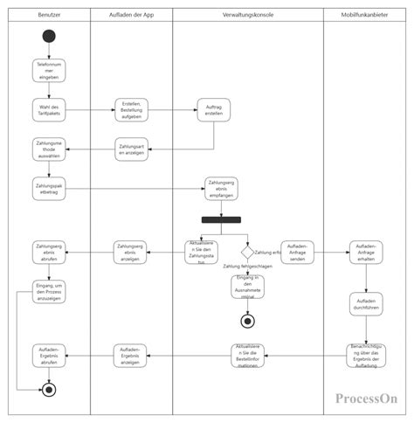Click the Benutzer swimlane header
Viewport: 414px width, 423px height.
(49, 17)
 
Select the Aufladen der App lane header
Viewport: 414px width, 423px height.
(131, 17)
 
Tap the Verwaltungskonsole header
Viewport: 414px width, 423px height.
(247, 17)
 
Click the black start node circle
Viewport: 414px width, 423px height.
(49, 37)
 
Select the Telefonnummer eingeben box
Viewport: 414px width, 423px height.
(49, 70)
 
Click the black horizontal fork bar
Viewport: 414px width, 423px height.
(222, 220)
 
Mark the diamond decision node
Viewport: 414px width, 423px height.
(247, 252)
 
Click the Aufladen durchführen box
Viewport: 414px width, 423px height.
(364, 302)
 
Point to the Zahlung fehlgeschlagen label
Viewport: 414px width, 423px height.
(247, 267)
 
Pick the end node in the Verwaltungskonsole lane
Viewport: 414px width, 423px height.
(247, 321)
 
